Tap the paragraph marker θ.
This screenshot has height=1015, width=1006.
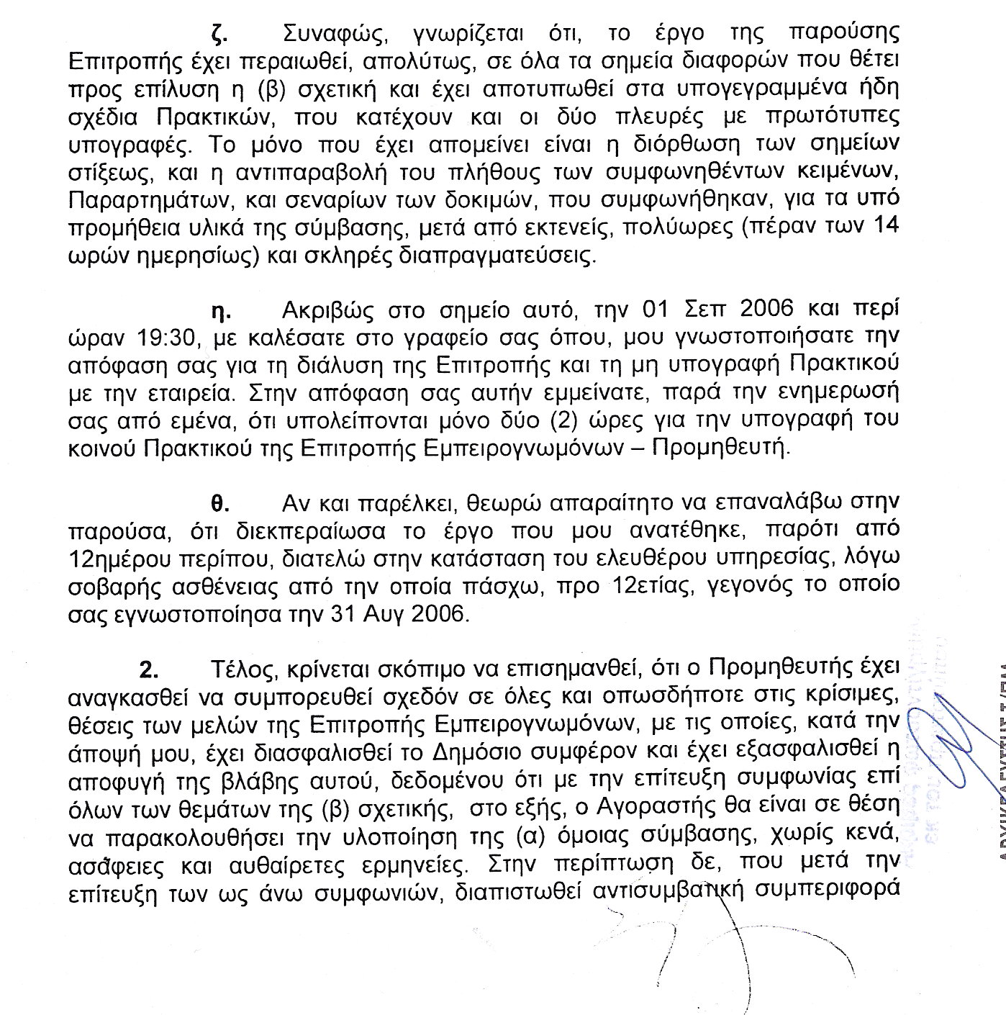[219, 503]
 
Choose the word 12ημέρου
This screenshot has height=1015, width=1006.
[130, 559]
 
